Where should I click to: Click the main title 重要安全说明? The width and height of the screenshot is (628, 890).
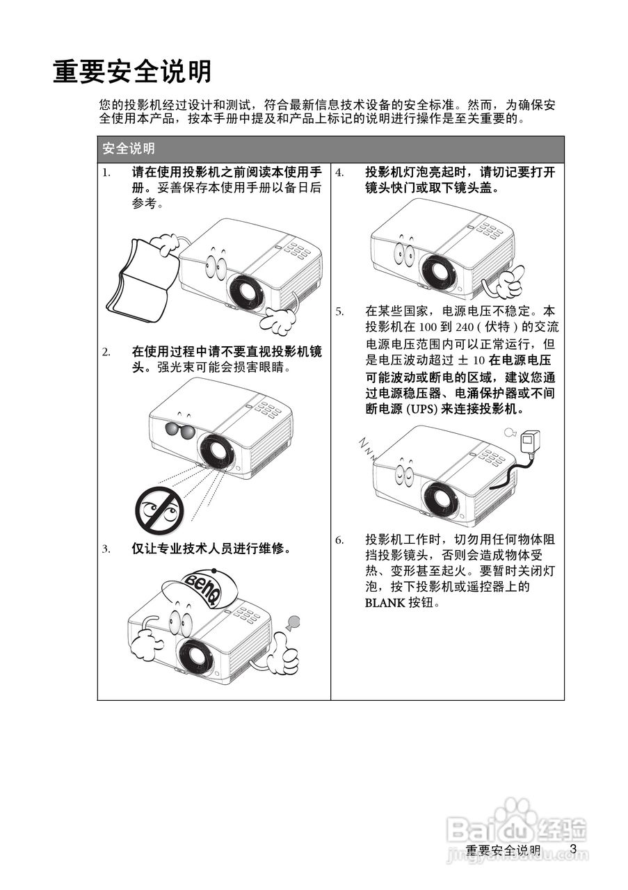[x=132, y=72]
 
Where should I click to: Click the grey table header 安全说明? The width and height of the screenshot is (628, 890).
[x=128, y=149]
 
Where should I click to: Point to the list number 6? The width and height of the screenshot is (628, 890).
[x=339, y=540]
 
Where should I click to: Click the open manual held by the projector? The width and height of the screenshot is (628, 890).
[x=139, y=282]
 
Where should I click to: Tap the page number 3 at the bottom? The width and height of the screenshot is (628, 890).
[x=573, y=848]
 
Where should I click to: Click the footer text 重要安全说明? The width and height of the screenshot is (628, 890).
[x=502, y=850]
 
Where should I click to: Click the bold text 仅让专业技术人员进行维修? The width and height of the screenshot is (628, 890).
[x=211, y=548]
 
